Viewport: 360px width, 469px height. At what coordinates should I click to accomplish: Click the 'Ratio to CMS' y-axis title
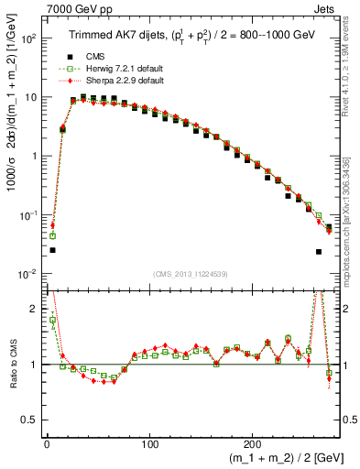click(10, 365)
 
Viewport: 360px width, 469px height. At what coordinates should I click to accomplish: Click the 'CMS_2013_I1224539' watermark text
click(190, 274)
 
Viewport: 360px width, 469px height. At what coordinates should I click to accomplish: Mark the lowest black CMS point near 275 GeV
click(319, 252)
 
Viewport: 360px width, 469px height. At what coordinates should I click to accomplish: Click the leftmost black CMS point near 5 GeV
click(52, 250)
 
